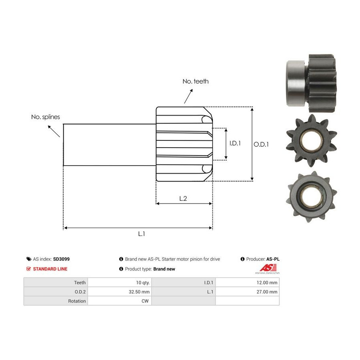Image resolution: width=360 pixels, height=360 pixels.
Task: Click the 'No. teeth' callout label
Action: pyautogui.click(x=196, y=81)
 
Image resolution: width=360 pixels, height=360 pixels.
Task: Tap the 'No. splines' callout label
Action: pyautogui.click(x=46, y=117)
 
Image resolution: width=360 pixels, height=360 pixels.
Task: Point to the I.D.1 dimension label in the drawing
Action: pyautogui.click(x=235, y=143)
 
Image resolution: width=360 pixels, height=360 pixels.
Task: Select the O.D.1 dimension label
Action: pyautogui.click(x=261, y=144)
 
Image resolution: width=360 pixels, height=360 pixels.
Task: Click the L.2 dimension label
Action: pyautogui.click(x=183, y=198)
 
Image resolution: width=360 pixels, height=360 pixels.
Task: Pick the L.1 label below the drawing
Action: pyautogui.click(x=142, y=234)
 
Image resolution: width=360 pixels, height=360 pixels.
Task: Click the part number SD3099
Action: pyautogui.click(x=61, y=259)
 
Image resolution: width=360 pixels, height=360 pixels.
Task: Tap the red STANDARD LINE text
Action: pyautogui.click(x=50, y=269)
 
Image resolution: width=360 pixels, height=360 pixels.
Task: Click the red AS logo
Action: pyautogui.click(x=268, y=268)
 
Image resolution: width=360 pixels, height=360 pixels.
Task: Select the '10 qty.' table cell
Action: pyautogui.click(x=120, y=282)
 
